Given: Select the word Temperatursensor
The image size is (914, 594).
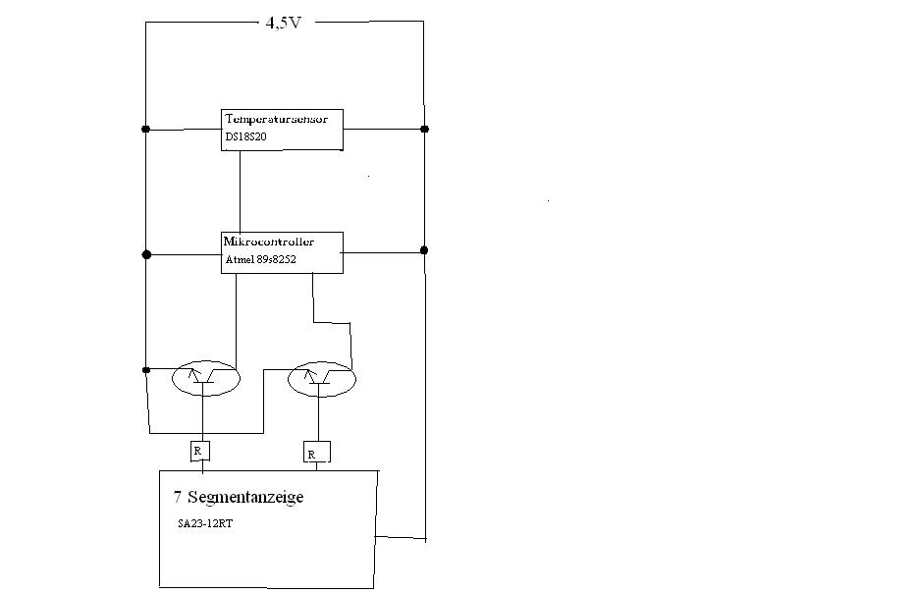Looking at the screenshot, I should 283,119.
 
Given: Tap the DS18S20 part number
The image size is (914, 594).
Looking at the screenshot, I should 245,138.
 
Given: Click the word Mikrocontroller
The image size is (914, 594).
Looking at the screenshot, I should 270,241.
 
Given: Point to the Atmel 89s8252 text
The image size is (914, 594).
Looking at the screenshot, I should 261,259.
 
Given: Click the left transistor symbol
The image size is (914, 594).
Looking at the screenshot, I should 206,378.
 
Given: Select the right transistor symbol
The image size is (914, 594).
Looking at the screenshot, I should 320,378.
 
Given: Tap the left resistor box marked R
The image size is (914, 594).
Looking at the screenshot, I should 199,451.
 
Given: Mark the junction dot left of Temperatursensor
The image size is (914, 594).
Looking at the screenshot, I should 145,129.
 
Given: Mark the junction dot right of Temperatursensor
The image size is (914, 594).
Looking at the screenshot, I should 424,129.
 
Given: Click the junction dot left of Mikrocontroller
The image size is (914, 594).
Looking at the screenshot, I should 146,254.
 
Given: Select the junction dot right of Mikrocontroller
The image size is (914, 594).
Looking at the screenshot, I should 424,250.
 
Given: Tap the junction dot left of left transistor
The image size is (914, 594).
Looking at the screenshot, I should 145,370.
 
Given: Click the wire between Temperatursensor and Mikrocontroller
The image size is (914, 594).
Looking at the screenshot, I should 241,191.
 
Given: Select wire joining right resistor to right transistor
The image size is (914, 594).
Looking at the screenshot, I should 317,419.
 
